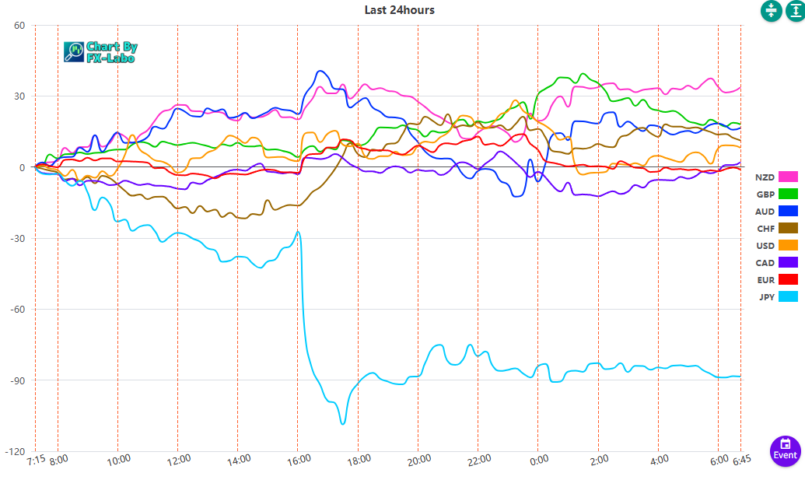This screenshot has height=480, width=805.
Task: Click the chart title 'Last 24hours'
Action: pos(399,10)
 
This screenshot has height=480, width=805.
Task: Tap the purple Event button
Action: pos(785,451)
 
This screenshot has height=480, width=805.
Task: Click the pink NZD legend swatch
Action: pos(789,177)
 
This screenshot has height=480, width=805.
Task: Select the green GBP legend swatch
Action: pos(789,194)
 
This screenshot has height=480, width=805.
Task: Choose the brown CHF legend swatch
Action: pos(789,228)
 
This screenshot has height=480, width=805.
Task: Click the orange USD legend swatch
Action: pos(789,246)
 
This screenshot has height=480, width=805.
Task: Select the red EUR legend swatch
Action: pos(789,279)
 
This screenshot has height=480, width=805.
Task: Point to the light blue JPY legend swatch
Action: pos(789,296)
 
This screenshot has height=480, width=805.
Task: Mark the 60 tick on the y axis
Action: pos(19,25)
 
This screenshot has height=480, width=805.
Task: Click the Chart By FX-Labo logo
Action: pos(100,52)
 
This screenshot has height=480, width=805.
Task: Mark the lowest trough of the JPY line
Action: pos(342,423)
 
